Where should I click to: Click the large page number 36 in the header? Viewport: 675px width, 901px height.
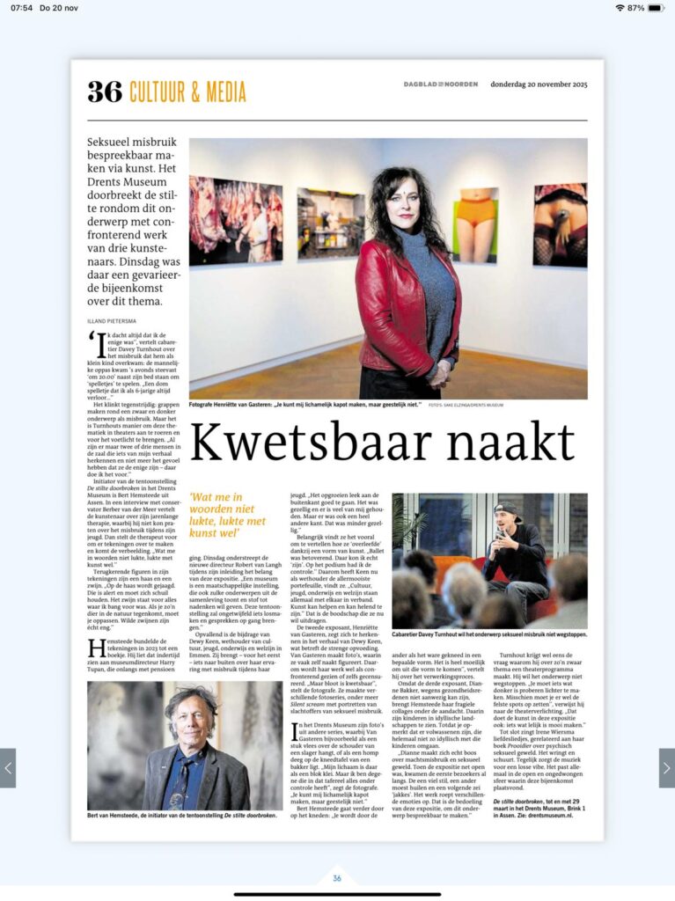click(104, 92)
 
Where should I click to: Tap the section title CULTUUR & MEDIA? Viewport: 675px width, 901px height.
click(187, 92)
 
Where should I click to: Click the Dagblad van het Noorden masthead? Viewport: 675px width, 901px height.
click(441, 84)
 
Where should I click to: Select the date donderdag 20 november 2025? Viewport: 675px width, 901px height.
click(539, 84)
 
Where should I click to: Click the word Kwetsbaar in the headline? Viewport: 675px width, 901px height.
click(318, 443)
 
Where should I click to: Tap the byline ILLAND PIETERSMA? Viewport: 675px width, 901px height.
click(112, 320)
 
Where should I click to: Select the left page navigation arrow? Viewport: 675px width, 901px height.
click(8, 767)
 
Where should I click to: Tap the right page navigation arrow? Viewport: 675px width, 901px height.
click(666, 767)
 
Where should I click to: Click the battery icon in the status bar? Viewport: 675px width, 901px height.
click(656, 8)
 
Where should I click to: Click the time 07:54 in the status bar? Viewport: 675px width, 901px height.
click(23, 8)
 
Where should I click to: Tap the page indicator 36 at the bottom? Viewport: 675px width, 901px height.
click(337, 878)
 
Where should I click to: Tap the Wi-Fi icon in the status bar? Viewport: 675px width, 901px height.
click(620, 8)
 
